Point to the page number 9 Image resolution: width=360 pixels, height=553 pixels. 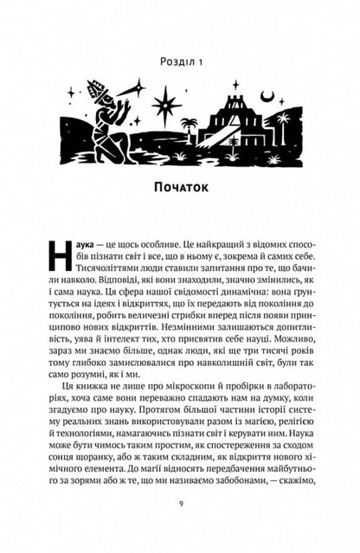pos(180,521)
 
